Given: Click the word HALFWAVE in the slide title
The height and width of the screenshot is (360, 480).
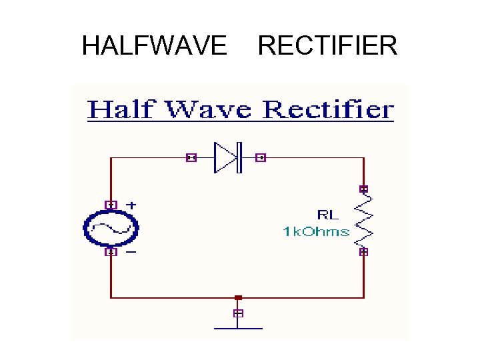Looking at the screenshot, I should tap(154, 46).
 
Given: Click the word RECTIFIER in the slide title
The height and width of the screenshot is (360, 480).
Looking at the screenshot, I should tap(327, 46).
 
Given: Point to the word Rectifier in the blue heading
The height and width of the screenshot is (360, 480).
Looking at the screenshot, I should tap(327, 109).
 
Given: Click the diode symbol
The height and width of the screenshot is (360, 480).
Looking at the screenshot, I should tap(227, 157).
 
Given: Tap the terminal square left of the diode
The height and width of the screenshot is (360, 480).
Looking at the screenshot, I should tap(191, 158).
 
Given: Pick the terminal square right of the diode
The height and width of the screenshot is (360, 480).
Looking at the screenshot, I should tap(261, 158).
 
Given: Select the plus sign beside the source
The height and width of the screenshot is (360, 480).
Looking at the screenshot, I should tap(131, 204).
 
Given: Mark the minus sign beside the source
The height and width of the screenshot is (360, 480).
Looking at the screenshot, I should tap(131, 252).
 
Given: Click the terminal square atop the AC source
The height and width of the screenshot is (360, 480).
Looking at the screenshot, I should tap(111, 205).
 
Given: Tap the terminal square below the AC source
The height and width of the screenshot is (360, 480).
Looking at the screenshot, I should tap(111, 252).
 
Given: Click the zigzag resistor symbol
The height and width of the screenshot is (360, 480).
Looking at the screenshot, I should tap(364, 221).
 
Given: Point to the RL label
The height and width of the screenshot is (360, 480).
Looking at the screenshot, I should tap(327, 215).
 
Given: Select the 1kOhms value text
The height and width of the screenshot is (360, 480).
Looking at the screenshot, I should tap(316, 231).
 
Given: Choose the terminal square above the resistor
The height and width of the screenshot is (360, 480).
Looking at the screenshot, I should tap(364, 189).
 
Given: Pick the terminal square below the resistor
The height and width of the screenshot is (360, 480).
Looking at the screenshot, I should tap(364, 252).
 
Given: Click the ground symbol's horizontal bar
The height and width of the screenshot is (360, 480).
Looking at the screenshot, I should tap(238, 328).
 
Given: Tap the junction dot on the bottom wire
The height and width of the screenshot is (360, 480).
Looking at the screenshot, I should tap(238, 297).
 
